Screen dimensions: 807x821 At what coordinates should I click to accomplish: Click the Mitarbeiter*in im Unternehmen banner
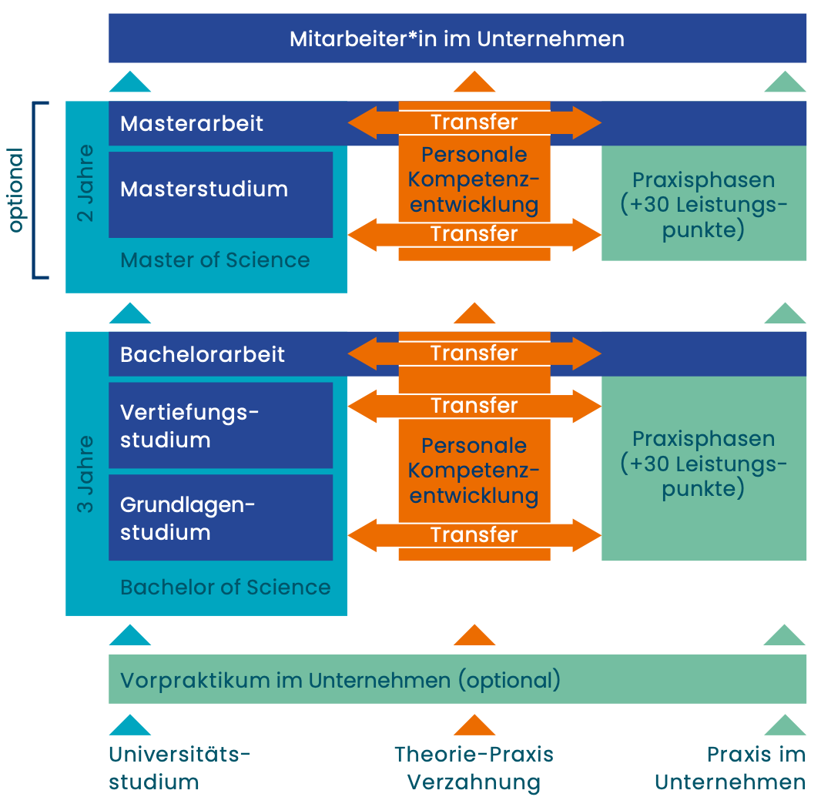457,39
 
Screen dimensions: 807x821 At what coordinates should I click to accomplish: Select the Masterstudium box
220,194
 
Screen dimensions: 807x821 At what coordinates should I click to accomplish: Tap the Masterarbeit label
192,123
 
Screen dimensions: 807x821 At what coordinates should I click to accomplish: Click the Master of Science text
215,260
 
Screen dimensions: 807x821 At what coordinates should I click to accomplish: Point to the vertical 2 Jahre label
86,182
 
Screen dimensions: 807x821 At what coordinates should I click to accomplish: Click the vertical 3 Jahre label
86,474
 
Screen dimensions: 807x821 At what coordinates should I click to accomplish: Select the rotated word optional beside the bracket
16,189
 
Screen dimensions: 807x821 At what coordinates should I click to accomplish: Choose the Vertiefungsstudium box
220,426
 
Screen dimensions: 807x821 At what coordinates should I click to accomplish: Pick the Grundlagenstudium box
220,517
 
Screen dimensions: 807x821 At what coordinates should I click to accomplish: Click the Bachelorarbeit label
203,354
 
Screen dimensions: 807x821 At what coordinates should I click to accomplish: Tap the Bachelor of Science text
225,588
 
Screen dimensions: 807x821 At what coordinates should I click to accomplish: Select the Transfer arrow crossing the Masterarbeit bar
474,122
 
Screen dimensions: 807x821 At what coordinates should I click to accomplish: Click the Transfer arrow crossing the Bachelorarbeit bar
474,353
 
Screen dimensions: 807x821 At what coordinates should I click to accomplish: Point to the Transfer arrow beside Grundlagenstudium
474,534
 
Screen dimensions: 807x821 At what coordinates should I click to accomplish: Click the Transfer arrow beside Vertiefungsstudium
474,405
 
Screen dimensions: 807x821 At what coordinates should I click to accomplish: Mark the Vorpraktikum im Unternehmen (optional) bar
457,680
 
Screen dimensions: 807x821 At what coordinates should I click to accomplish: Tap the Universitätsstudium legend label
179,768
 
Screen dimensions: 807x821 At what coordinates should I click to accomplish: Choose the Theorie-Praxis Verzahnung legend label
474,768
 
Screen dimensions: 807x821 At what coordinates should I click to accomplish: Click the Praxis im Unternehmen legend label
730,768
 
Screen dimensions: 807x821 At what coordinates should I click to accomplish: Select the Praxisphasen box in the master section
703,205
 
